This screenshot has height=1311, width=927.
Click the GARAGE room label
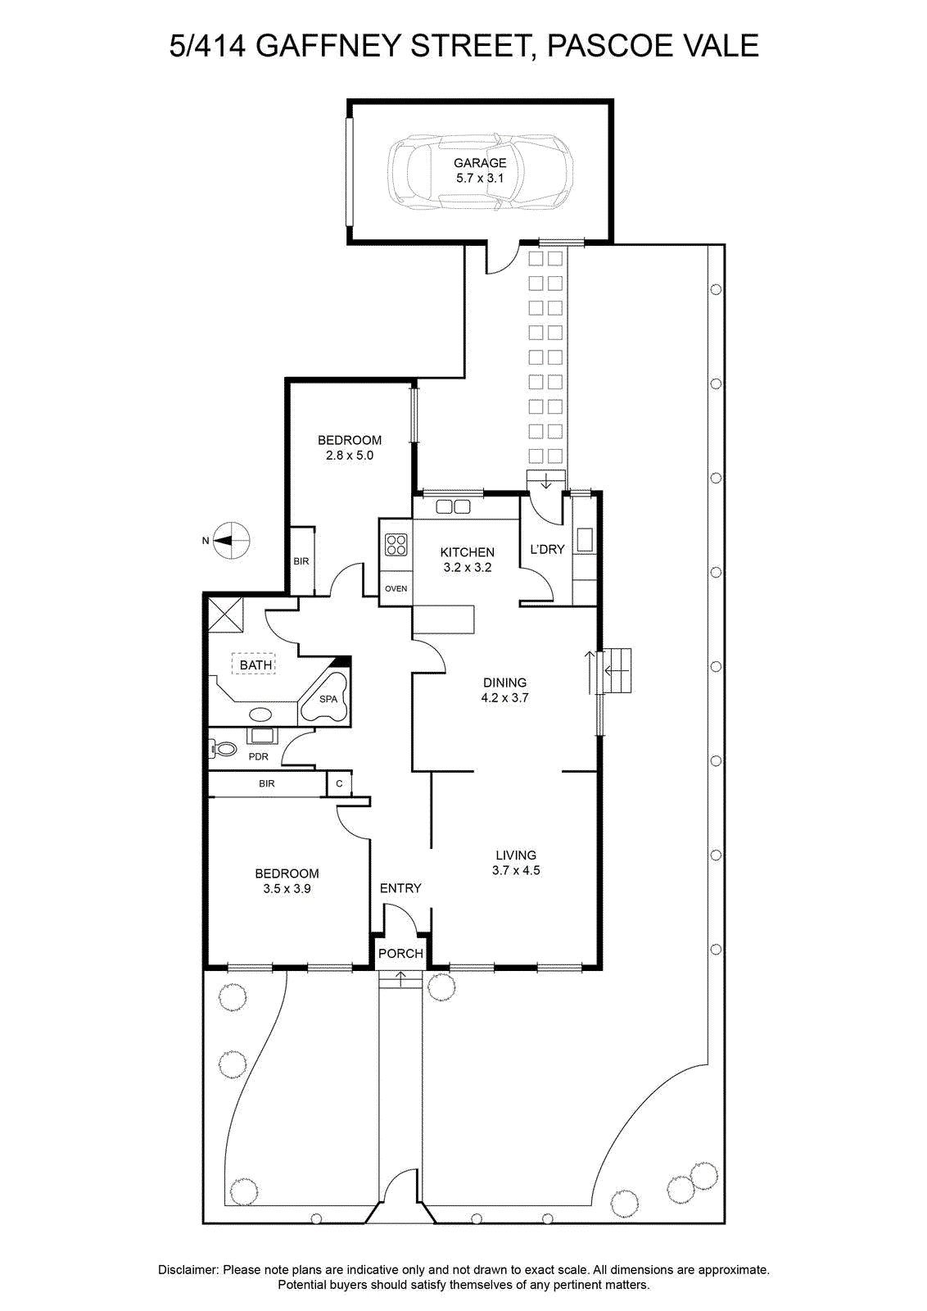pyautogui.click(x=480, y=163)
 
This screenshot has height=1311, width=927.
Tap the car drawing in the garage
pyautogui.click(x=480, y=171)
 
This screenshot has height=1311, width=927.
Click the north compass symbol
pyautogui.click(x=230, y=540)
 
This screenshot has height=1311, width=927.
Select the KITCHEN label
pyautogui.click(x=467, y=552)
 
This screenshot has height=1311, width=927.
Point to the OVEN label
pyautogui.click(x=396, y=589)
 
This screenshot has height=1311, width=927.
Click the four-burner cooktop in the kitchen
pyautogui.click(x=396, y=545)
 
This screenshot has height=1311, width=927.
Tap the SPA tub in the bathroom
pyautogui.click(x=325, y=697)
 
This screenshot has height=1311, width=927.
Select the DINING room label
pyautogui.click(x=504, y=683)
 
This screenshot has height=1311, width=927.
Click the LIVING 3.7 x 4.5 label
pyautogui.click(x=516, y=863)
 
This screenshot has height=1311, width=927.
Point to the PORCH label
pyautogui.click(x=400, y=954)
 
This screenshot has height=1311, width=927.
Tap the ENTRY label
pyautogui.click(x=400, y=888)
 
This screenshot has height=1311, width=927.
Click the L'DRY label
pyautogui.click(x=547, y=549)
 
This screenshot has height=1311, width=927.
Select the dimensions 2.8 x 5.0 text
pyautogui.click(x=349, y=456)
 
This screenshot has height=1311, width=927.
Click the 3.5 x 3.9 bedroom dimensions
pyautogui.click(x=287, y=888)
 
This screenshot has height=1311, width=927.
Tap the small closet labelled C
pyautogui.click(x=339, y=783)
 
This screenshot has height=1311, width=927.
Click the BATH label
pyautogui.click(x=255, y=665)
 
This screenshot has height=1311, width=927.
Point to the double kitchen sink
pyautogui.click(x=454, y=507)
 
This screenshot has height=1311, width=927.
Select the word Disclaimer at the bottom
pyautogui.click(x=188, y=1269)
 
